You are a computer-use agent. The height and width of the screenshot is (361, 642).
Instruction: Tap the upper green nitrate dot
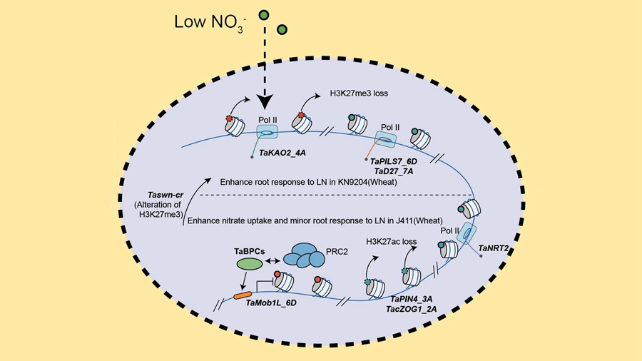coord(265,14)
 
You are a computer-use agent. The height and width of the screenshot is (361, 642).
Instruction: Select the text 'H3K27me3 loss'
coord(360,93)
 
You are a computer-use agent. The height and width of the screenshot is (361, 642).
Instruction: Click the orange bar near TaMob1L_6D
coord(242,295)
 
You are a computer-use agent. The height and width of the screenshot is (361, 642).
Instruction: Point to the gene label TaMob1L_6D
coord(270,304)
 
